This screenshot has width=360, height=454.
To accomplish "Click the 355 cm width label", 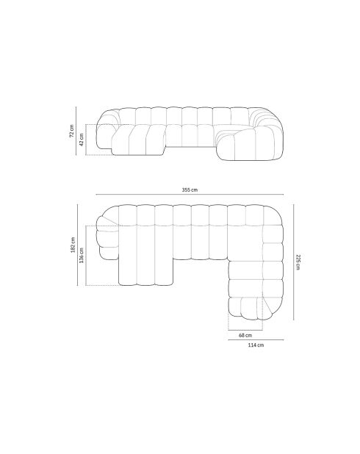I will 190,190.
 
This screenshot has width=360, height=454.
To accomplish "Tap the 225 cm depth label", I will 298,262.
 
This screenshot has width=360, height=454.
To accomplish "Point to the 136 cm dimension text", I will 82,255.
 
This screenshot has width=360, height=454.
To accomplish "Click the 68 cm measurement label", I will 245,335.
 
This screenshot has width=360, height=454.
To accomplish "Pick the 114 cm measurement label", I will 254,345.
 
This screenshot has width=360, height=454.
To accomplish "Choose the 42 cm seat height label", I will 82,140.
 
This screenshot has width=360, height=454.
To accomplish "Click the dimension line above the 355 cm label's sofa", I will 190,195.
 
